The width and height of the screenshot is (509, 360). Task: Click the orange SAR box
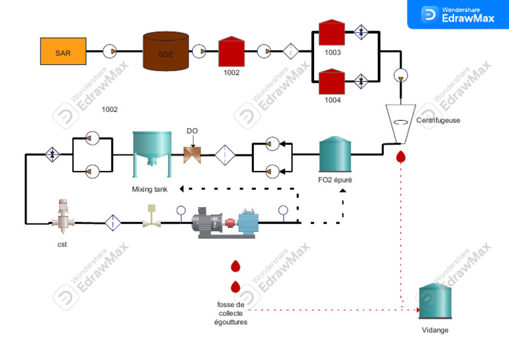(63, 51)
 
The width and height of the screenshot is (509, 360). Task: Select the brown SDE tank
(166, 52)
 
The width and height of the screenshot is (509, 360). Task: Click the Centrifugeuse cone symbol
(400, 123)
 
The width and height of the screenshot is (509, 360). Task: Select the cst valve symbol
(64, 216)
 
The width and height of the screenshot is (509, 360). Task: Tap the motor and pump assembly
(225, 221)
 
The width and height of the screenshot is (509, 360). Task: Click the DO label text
(192, 131)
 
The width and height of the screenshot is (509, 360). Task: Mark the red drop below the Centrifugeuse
(400, 157)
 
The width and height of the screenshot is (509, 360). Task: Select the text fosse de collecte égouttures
(231, 313)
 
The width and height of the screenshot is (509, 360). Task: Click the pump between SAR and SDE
(111, 51)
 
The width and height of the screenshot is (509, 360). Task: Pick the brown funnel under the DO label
(193, 154)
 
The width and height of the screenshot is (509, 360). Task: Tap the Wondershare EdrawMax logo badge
(457, 14)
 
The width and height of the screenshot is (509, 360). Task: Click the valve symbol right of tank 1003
(362, 32)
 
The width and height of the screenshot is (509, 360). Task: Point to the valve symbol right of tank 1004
(362, 81)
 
